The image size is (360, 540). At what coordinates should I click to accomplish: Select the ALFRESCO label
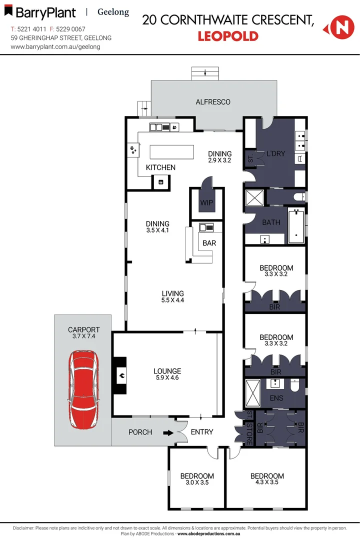tap(213, 102)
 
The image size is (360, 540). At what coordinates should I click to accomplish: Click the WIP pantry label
tap(206, 203)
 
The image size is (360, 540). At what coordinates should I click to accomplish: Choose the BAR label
tap(209, 243)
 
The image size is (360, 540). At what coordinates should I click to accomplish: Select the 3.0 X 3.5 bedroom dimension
tap(197, 482)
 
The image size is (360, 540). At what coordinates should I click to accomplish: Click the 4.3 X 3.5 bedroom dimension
tap(267, 482)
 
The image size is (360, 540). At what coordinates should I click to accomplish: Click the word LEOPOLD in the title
tap(228, 36)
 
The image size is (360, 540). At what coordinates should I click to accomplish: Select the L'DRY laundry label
tap(275, 153)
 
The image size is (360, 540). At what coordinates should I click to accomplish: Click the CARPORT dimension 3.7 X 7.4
tap(83, 336)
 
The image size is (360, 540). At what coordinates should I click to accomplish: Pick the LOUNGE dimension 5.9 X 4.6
tap(167, 378)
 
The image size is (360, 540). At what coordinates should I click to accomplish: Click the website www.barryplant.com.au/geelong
tap(55, 46)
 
